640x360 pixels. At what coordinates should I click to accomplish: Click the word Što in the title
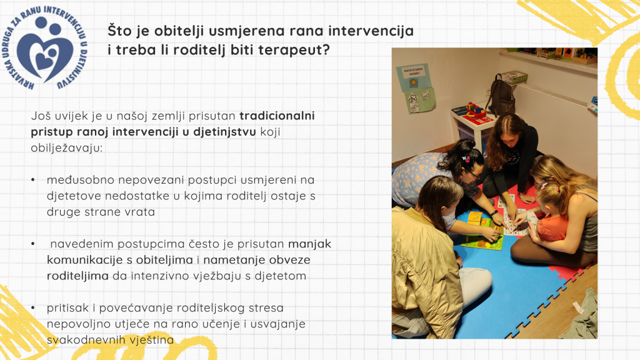click(118, 31)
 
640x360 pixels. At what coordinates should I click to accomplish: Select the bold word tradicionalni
click(277, 116)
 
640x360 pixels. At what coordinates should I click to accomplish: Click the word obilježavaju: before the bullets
click(67, 147)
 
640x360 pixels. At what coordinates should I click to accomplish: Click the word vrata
click(141, 212)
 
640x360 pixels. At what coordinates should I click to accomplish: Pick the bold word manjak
click(310, 244)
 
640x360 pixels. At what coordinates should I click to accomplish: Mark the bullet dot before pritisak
click(33, 307)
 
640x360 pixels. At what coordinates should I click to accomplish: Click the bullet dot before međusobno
click(33, 179)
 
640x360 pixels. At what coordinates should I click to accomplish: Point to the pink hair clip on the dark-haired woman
click(466, 158)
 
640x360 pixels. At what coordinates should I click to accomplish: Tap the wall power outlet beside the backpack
click(487, 92)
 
